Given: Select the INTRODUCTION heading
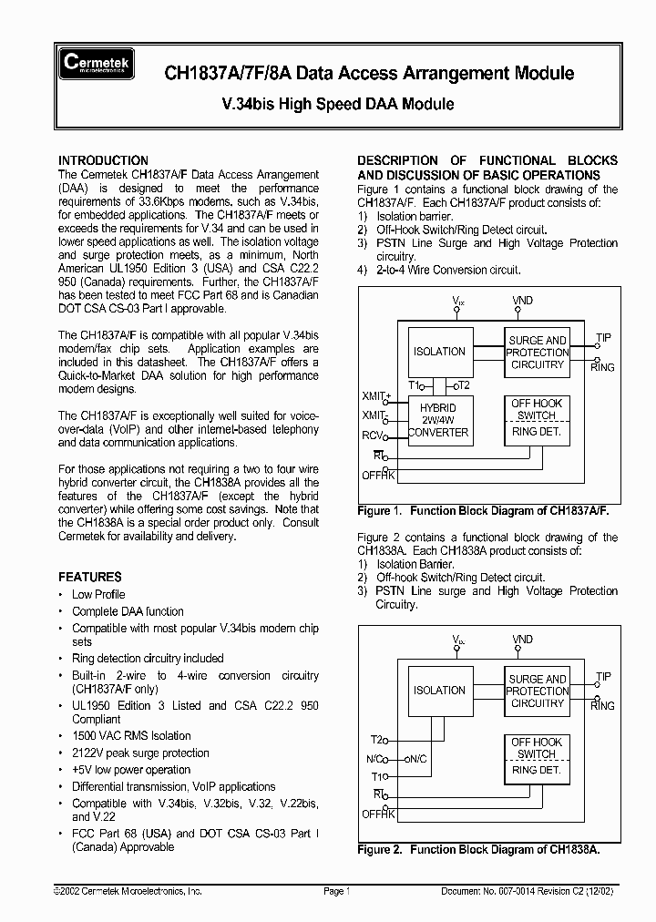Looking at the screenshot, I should (x=103, y=159).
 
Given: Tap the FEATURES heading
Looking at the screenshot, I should (x=90, y=577).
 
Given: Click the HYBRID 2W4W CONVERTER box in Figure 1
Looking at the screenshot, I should (x=439, y=419).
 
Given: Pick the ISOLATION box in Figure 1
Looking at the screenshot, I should (x=439, y=352).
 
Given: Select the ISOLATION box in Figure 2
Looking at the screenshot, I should (x=439, y=691).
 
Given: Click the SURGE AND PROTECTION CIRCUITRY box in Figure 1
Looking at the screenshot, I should (x=537, y=353).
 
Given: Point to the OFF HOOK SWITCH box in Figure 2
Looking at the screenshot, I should (x=537, y=748).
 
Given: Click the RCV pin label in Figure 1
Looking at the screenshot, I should (x=374, y=435).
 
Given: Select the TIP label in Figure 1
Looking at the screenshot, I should (x=603, y=338).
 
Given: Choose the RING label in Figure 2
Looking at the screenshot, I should (x=602, y=706).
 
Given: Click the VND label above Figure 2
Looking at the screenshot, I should (x=522, y=640).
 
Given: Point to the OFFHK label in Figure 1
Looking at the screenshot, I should (x=377, y=475).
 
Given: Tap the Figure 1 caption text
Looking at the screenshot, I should (x=483, y=511).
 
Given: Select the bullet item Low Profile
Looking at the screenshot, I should (x=98, y=594).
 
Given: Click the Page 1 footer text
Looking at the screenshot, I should (x=335, y=891).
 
